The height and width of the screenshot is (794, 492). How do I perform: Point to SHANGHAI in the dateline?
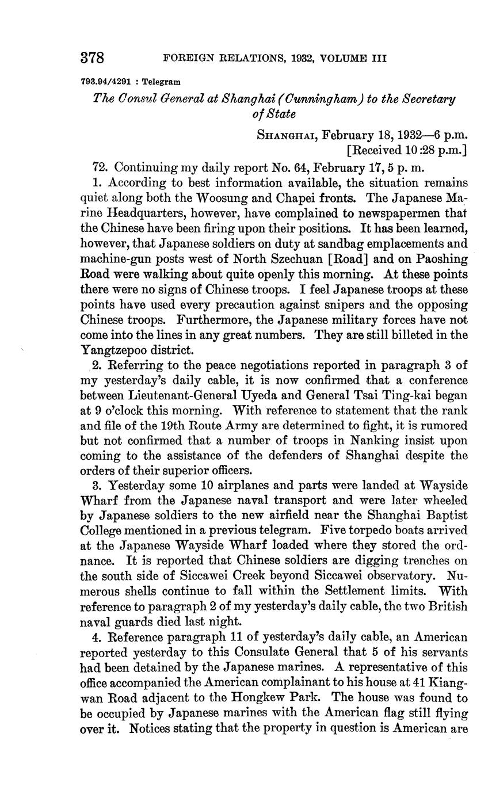[285, 135]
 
